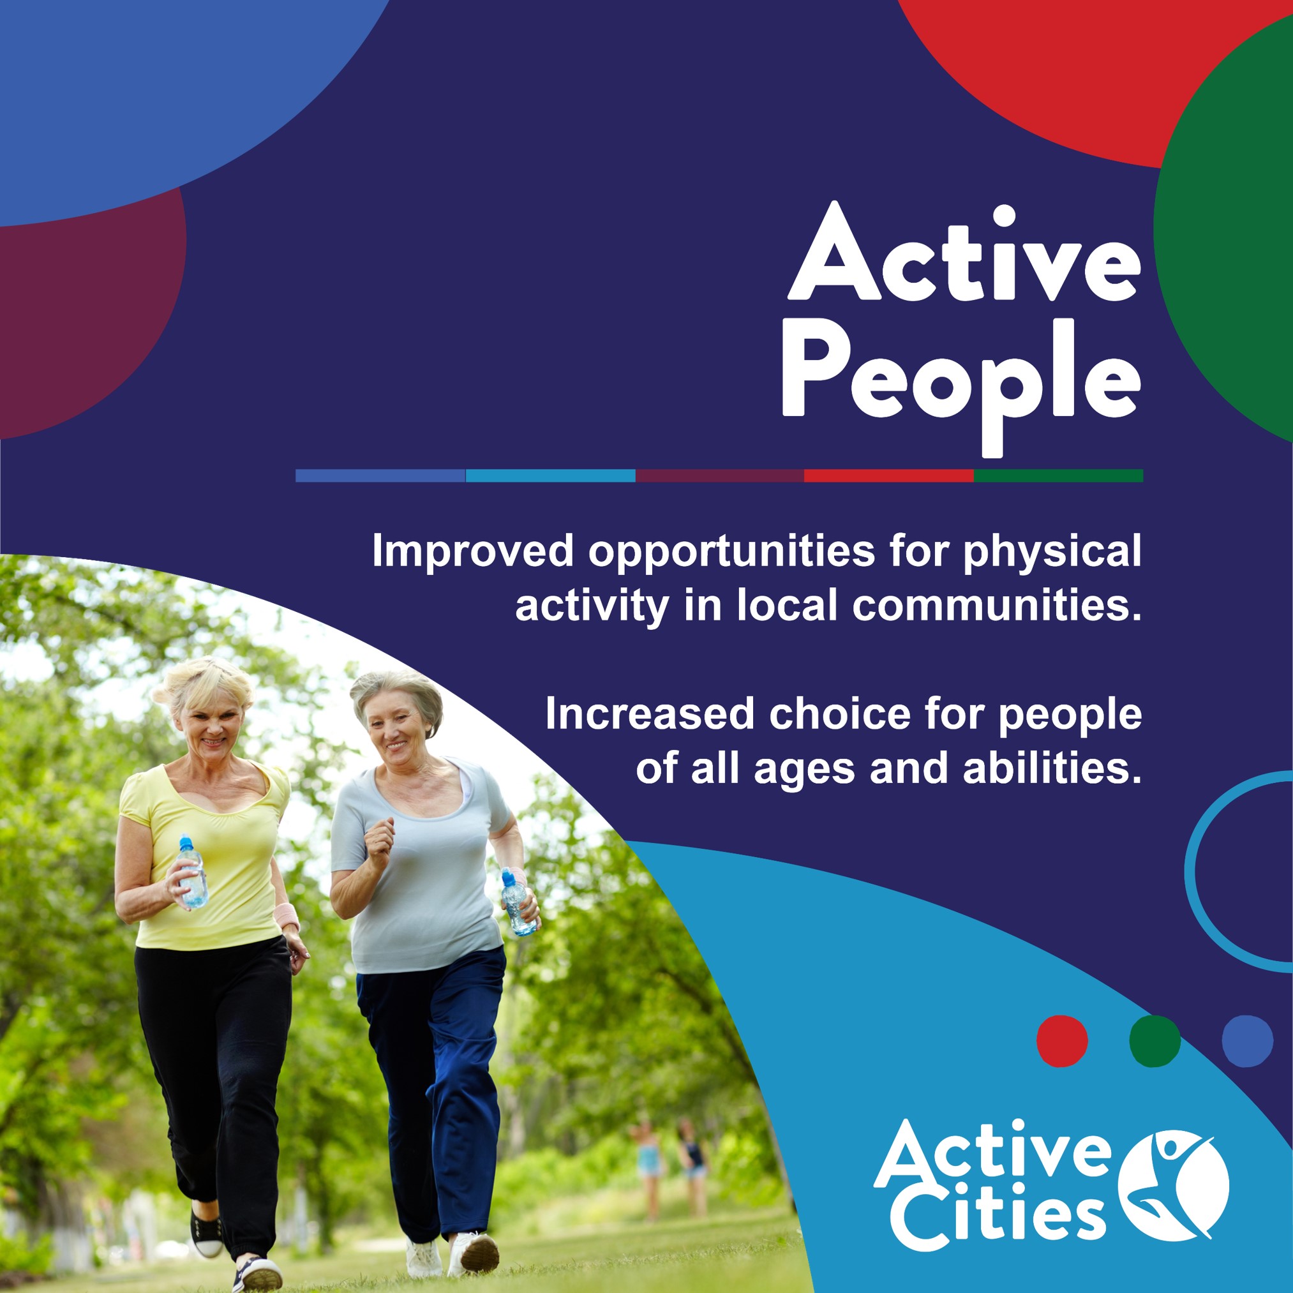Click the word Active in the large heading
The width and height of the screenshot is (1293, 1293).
pyautogui.click(x=964, y=252)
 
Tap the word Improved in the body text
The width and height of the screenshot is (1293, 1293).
pyautogui.click(x=472, y=551)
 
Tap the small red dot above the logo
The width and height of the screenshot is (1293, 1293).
pyautogui.click(x=1061, y=1041)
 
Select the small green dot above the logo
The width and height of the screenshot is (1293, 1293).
pyautogui.click(x=1155, y=1041)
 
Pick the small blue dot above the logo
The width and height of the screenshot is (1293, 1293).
pyautogui.click(x=1248, y=1041)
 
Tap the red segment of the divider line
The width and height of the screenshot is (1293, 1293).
pyautogui.click(x=888, y=476)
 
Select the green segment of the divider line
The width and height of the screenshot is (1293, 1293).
pyautogui.click(x=1058, y=476)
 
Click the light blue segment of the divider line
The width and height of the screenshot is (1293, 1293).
pyautogui.click(x=550, y=476)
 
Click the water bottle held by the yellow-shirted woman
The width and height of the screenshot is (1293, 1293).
pyautogui.click(x=192, y=871)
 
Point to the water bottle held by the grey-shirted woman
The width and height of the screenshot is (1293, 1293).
pyautogui.click(x=519, y=902)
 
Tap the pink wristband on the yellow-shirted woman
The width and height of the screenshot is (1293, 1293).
pyautogui.click(x=287, y=915)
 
